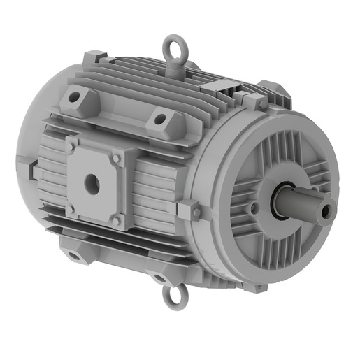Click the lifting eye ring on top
click(173, 50)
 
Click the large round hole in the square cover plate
click(90, 184)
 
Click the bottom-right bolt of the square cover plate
click(117, 221)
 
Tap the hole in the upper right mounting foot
click(160, 120)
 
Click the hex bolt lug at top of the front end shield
click(257, 102)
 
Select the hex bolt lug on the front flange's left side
click(192, 210)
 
